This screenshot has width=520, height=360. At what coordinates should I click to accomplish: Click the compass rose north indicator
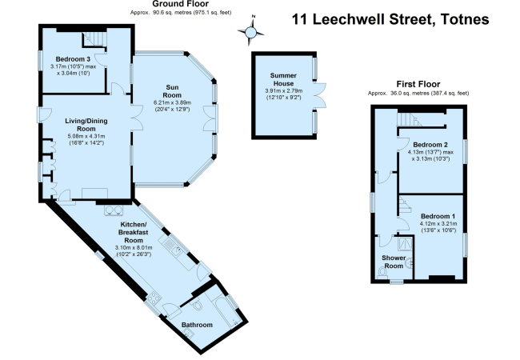251,32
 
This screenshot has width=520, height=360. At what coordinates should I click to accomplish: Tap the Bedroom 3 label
73,59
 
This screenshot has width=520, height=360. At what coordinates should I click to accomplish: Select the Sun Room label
172,91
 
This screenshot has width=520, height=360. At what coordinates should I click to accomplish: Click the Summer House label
283,79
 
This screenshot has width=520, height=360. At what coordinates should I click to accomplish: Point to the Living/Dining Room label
86,125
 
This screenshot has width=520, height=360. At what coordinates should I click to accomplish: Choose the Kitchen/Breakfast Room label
134,232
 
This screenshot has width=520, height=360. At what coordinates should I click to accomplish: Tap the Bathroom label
197,325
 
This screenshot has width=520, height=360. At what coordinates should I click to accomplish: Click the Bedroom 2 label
430,145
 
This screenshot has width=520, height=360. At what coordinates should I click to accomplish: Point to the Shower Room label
394,262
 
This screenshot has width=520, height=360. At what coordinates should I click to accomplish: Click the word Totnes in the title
464,19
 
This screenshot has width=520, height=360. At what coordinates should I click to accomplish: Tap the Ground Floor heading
181,4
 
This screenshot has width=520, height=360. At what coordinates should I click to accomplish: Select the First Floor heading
418,84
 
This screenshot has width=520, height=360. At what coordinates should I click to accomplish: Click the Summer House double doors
320,94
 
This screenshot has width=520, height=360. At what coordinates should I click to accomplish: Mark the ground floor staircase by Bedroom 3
94,39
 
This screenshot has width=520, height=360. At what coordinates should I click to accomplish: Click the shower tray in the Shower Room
406,244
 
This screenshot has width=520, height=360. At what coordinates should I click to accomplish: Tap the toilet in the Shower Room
382,273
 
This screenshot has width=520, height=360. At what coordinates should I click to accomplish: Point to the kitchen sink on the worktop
172,247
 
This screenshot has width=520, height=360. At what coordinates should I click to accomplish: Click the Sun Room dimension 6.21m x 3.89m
172,102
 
